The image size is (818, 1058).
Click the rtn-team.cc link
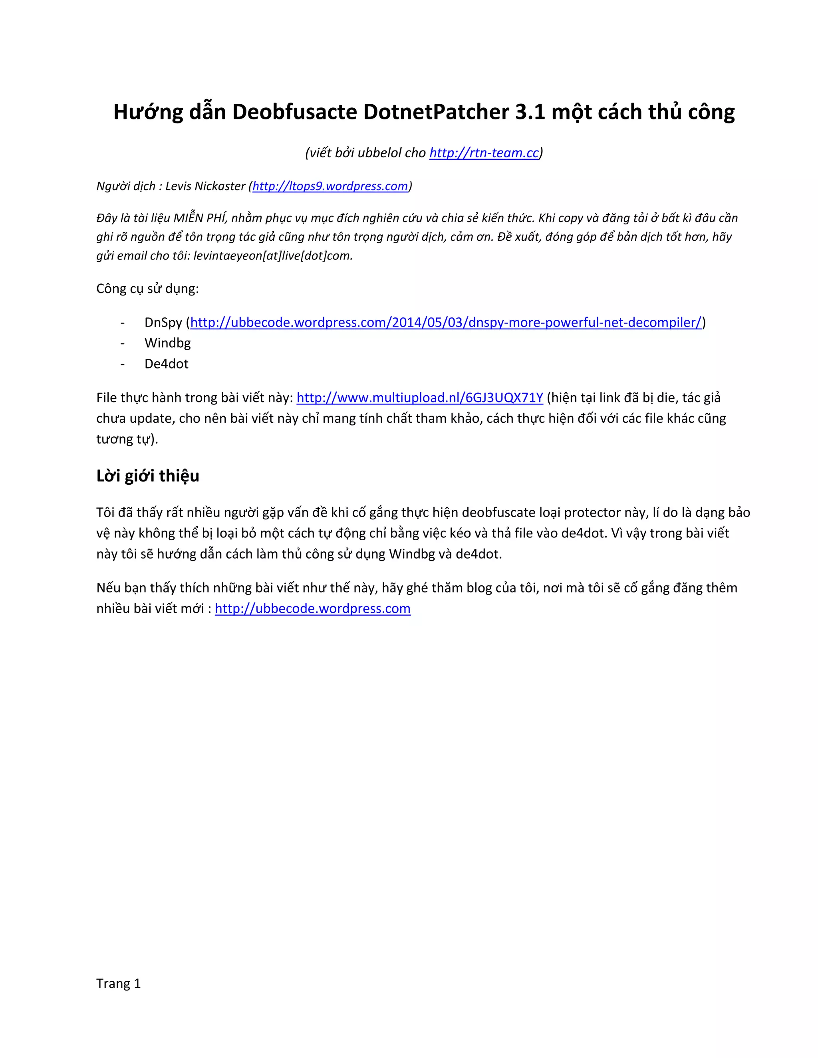484,153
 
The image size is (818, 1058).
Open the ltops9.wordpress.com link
330,186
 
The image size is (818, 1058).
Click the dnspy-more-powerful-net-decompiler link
445,322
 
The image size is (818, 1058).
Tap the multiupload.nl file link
420,398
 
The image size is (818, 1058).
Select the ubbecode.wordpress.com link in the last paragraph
313,608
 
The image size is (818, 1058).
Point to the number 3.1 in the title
530,113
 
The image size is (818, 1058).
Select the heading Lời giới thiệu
148,476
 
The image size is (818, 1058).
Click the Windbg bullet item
167,343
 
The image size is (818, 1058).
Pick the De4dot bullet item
166,364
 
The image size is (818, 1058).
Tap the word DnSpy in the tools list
163,322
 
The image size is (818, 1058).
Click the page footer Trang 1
118,983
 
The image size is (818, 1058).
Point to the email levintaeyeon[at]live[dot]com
273,256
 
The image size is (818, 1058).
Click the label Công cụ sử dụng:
147,289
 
